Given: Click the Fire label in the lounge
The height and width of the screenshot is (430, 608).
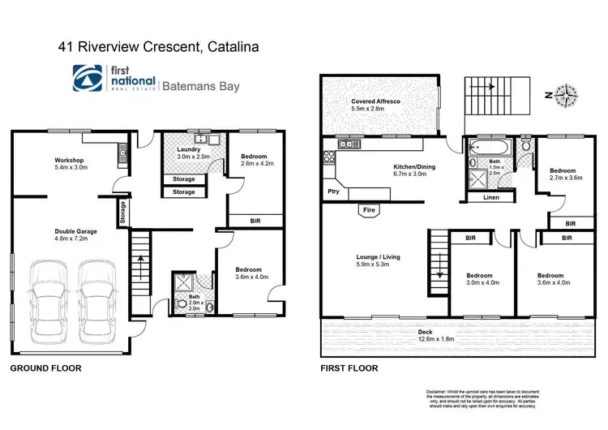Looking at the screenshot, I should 369,210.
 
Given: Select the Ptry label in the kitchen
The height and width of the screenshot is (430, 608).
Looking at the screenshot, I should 333,192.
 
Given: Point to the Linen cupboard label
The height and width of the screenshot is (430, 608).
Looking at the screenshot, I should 490,197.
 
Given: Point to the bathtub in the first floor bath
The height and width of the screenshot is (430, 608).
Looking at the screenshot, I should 487,148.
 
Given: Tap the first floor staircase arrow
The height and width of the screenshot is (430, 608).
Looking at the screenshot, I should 439,264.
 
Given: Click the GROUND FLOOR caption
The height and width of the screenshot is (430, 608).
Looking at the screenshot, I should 45,368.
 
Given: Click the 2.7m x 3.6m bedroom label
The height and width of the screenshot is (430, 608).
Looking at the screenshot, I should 562,176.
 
